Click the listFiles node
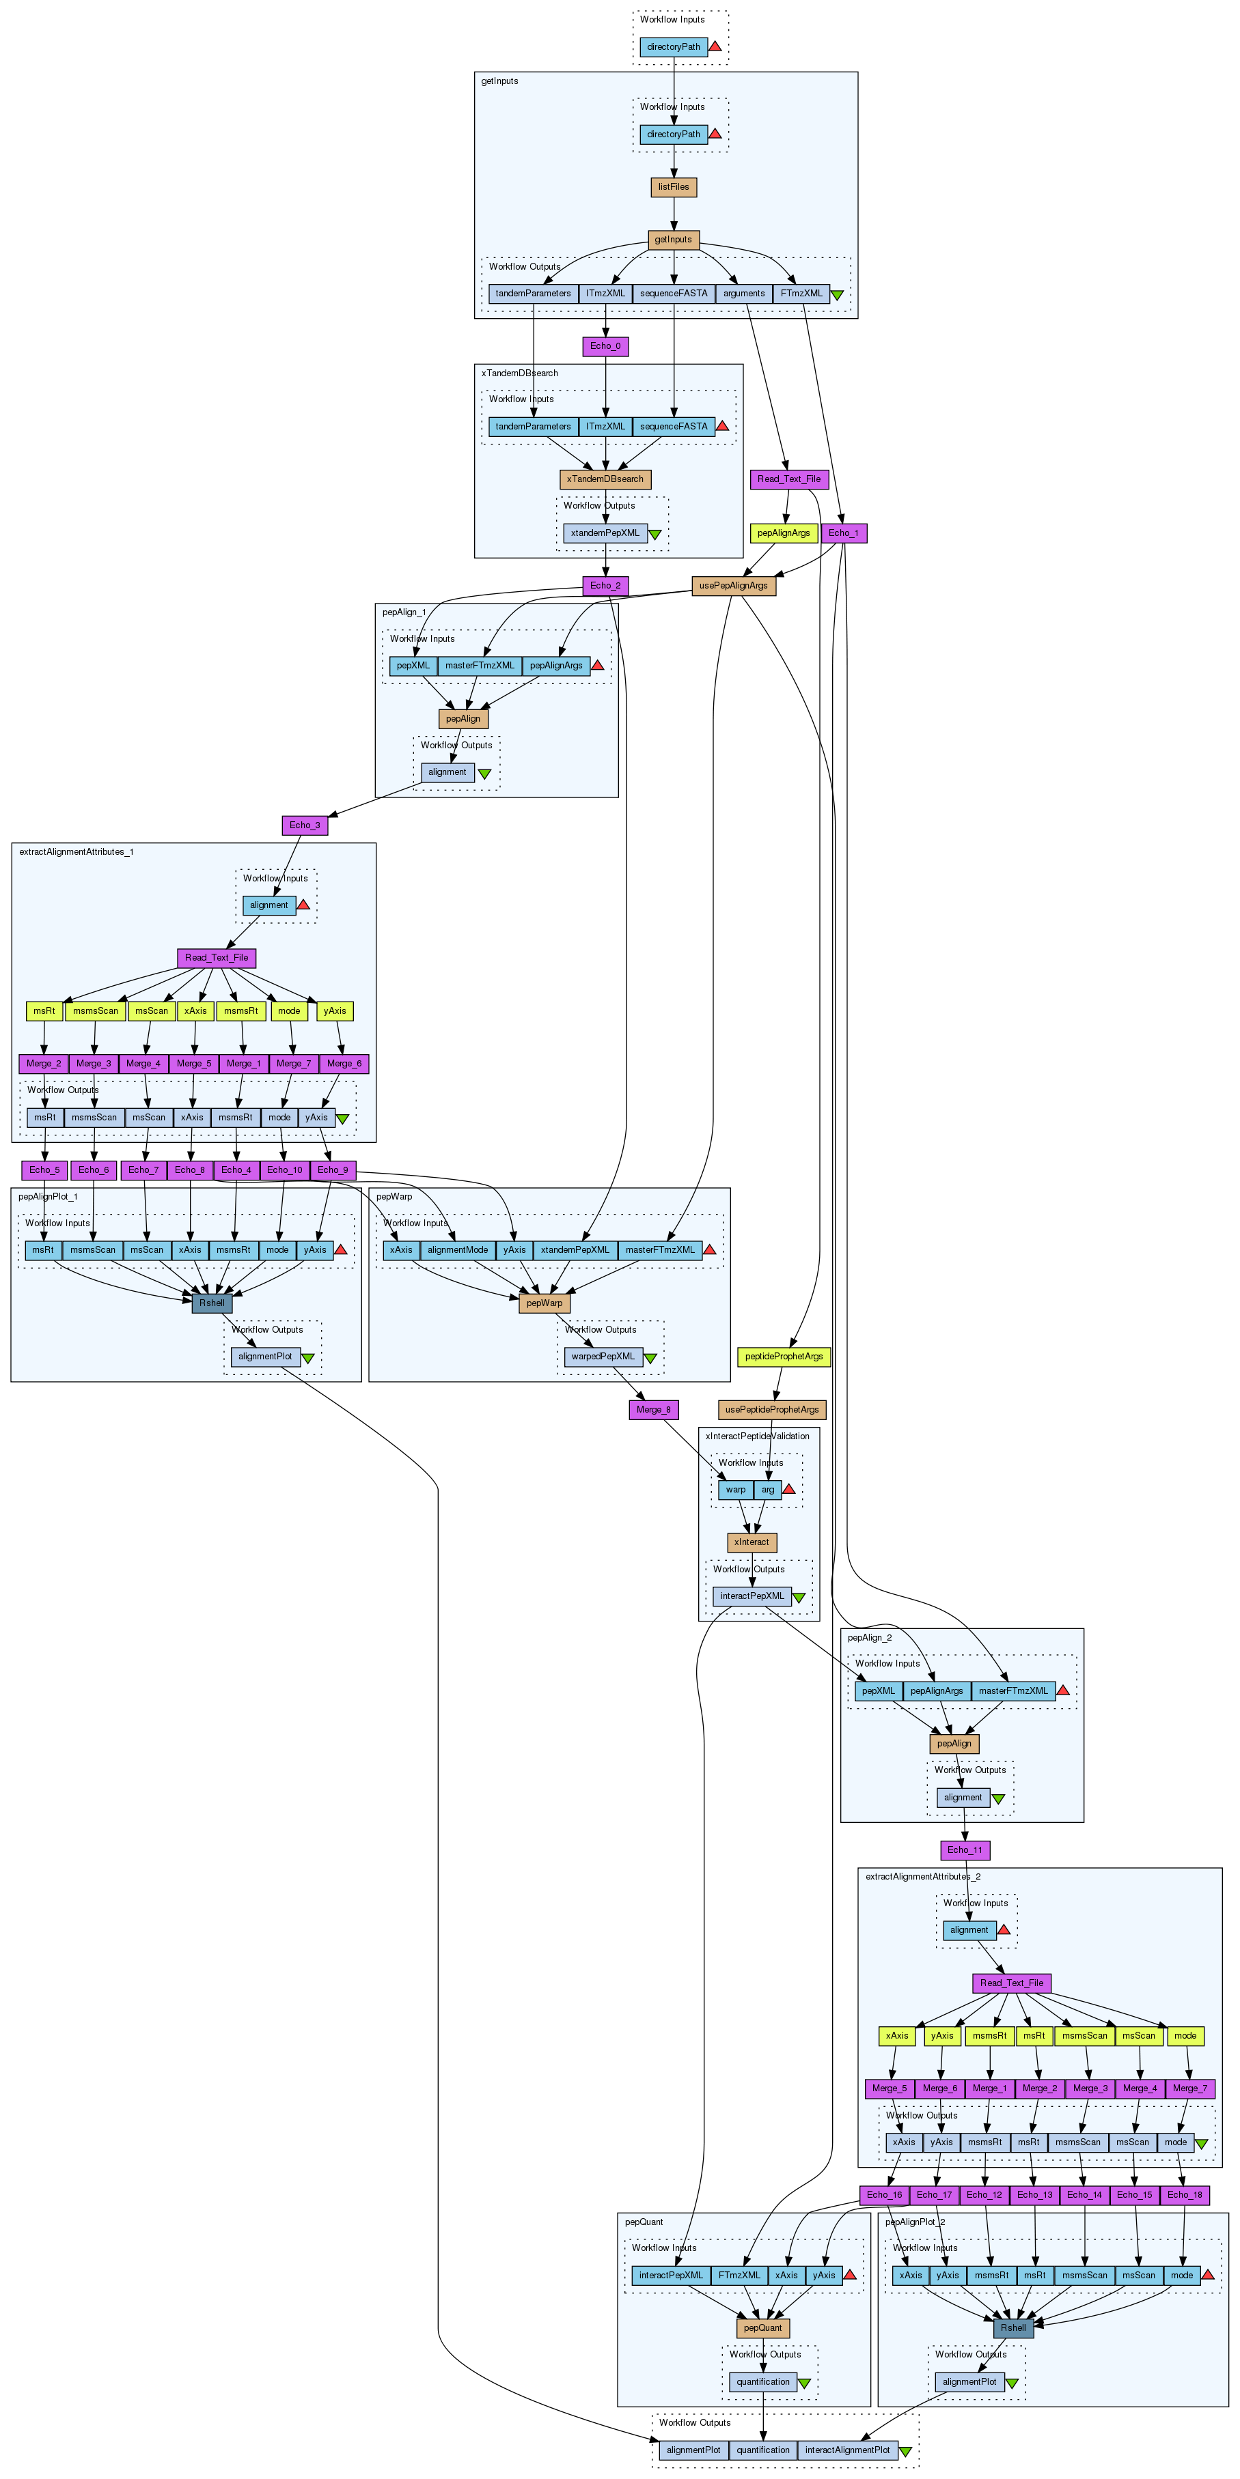[x=673, y=186]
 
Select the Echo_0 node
[x=605, y=346]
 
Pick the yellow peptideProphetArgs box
[x=784, y=1357]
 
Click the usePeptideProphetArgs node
[x=771, y=1410]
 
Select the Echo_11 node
[x=965, y=1850]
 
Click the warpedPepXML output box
[x=603, y=1357]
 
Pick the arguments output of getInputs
[x=743, y=294]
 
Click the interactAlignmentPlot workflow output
[x=847, y=2450]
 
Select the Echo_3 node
[x=304, y=825]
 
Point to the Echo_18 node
[x=1184, y=2195]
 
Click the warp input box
[x=736, y=1490]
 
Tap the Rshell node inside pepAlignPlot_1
[x=212, y=1303]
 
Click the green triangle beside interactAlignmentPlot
[x=905, y=2451]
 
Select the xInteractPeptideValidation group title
[x=757, y=1436]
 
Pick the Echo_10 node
[x=284, y=1170]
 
